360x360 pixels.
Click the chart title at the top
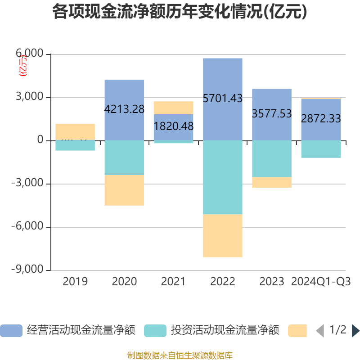[x=180, y=12]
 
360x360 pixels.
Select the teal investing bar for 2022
[x=223, y=177]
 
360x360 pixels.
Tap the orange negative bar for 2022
[x=223, y=236]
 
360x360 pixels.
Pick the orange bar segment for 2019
[x=75, y=131]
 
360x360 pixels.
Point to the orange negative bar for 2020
[x=124, y=190]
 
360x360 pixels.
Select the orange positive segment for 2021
[x=173, y=108]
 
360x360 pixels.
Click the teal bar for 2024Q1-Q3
[x=321, y=149]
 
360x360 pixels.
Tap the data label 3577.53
[x=272, y=114]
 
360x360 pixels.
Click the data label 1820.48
[x=173, y=126]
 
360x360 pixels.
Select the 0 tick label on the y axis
[x=40, y=140]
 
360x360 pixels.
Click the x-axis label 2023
[x=272, y=282]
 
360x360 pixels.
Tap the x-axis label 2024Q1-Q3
[x=321, y=282]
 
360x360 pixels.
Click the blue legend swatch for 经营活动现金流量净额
[x=11, y=331]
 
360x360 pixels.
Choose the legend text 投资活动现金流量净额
[x=225, y=331]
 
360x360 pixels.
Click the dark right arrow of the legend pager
[x=355, y=331]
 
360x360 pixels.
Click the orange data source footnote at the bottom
[x=180, y=355]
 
